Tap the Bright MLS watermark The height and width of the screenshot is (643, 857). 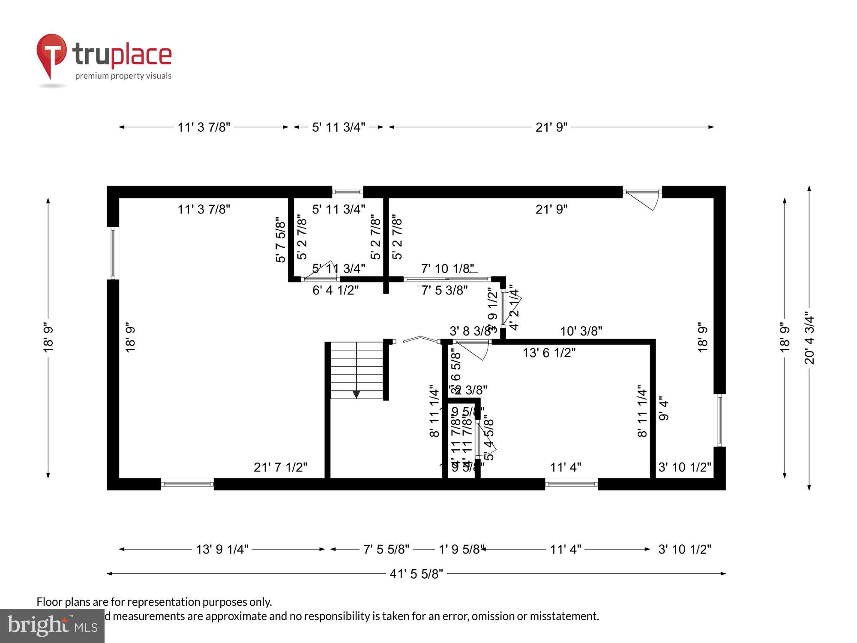pos(52,626)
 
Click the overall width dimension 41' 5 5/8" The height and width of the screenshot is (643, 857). pos(416,574)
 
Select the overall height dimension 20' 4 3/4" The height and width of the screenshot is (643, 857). pos(809,338)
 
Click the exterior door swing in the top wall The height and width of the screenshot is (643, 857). pos(645,200)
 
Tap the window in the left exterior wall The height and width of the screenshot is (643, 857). pos(113,253)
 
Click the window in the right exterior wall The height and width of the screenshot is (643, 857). pos(719,420)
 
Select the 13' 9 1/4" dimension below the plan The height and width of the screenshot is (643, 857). pos(222,550)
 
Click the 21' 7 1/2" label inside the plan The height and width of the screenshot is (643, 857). pos(280,467)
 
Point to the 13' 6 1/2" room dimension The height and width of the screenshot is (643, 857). pos(549,353)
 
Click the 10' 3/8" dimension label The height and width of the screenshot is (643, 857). pos(581,331)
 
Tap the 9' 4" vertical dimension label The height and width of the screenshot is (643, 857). pos(663,411)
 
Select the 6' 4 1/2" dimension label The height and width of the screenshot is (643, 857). pos(335,291)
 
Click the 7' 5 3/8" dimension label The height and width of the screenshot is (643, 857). pos(444,291)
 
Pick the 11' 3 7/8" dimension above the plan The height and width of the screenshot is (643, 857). pos(204,127)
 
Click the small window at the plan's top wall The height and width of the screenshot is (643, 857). pos(348,192)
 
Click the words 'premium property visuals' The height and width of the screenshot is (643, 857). pos(123,76)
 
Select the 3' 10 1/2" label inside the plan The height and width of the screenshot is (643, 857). pos(684,467)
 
